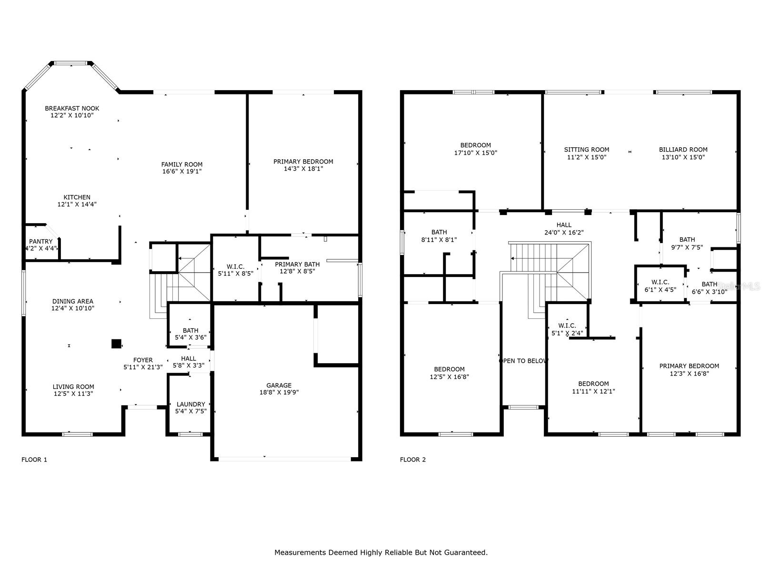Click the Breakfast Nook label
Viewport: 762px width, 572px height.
(72, 108)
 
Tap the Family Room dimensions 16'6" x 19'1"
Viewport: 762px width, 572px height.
(181, 171)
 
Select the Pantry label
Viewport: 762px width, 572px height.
(40, 241)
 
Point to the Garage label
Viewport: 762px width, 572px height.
(279, 385)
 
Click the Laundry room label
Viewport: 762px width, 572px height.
(190, 404)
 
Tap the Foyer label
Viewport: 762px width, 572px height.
(143, 360)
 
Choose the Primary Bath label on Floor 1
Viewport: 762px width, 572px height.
(297, 264)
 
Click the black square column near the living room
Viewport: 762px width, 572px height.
(116, 344)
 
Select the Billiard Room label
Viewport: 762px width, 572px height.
(683, 150)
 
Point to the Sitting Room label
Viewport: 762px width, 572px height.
(586, 150)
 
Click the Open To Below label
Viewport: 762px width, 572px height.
(523, 361)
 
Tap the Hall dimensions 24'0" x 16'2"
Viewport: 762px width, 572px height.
(564, 232)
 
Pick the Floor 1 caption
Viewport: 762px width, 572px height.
(34, 460)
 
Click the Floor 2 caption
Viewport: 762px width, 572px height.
(412, 460)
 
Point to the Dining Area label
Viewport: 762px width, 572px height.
(72, 301)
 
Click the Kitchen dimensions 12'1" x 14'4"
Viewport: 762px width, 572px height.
(77, 204)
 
